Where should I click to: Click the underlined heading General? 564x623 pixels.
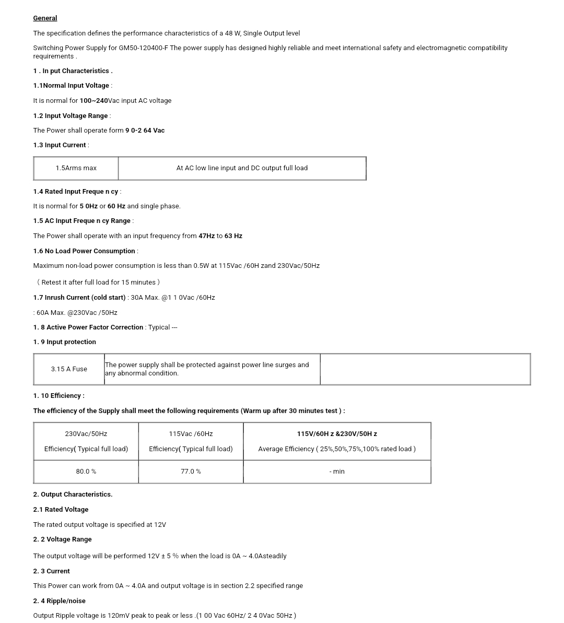[x=45, y=18]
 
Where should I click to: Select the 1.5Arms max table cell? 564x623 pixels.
[x=76, y=168]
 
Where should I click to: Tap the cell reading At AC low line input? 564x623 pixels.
[x=242, y=168]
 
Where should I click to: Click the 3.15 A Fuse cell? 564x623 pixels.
[x=69, y=369]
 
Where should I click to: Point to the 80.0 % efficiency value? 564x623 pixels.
[x=86, y=472]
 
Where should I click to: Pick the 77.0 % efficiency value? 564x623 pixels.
[x=191, y=472]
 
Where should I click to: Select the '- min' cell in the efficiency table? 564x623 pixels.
[x=337, y=472]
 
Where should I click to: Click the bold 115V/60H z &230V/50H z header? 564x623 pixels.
[x=337, y=434]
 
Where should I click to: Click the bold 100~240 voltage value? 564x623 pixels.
[x=93, y=101]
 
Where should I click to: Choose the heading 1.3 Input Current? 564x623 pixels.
[x=60, y=145]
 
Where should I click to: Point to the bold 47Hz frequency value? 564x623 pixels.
[x=206, y=236]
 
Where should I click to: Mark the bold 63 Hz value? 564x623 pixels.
[x=233, y=236]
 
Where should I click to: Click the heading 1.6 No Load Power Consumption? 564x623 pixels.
[x=85, y=251]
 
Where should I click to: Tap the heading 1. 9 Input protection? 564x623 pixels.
[x=65, y=342]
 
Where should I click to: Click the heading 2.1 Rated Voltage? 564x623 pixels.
[x=61, y=510]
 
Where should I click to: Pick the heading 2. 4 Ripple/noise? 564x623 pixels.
[x=60, y=601]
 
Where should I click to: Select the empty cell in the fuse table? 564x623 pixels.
[x=425, y=369]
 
